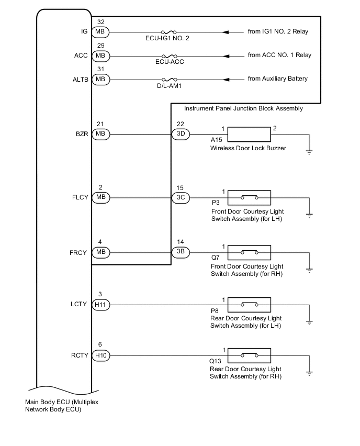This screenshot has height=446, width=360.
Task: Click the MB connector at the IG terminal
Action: (x=100, y=32)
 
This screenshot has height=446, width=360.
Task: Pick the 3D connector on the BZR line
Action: (x=181, y=134)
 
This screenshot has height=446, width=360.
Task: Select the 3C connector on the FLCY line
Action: (x=181, y=198)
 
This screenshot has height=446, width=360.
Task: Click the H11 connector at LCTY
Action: (x=100, y=304)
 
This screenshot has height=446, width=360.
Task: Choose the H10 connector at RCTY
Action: (x=100, y=355)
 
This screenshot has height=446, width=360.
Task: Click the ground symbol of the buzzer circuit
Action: (x=309, y=152)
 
